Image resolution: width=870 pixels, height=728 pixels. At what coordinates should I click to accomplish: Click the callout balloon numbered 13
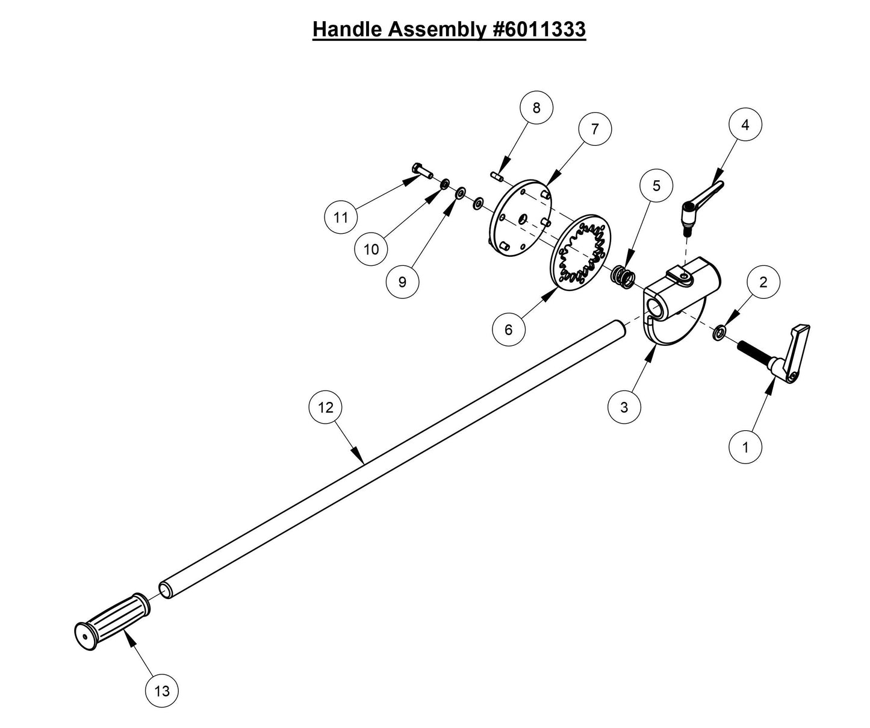[x=163, y=691]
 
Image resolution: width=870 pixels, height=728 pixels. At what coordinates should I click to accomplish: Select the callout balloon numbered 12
[x=325, y=407]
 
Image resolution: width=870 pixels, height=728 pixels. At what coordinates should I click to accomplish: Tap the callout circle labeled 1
[x=745, y=447]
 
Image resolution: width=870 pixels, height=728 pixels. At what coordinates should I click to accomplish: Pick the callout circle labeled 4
[x=745, y=125]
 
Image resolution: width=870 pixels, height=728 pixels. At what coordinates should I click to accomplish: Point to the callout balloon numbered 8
[x=536, y=108]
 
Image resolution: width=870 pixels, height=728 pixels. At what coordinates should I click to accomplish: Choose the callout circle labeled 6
[x=509, y=330]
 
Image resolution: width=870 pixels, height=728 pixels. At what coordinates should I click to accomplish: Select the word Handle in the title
[x=347, y=29]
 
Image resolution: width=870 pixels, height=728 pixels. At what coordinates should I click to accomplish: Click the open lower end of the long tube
[x=166, y=589]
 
